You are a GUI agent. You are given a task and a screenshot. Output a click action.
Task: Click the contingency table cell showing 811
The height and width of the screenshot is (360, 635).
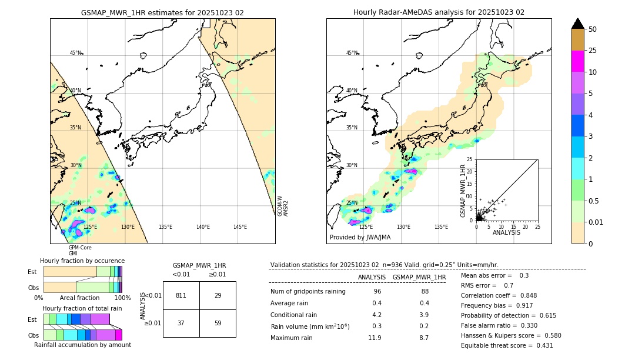coord(181,295)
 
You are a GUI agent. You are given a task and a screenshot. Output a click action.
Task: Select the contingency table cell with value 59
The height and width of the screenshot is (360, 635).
coord(218,323)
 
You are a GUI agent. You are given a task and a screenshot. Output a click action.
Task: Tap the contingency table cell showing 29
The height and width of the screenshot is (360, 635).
coord(218,295)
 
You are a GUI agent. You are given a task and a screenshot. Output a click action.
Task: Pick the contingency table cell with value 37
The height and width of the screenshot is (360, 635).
coord(181,323)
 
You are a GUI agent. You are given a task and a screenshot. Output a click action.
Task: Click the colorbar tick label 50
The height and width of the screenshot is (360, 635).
coord(593,29)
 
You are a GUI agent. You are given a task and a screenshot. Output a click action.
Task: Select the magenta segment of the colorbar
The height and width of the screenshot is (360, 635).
coord(578,61)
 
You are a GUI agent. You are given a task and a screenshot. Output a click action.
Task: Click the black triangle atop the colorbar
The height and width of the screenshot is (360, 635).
coord(578,24)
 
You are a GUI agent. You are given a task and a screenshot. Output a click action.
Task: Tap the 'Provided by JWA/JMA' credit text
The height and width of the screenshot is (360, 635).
coord(360,238)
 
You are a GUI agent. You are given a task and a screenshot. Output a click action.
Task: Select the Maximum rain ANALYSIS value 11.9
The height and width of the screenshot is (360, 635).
coord(375,338)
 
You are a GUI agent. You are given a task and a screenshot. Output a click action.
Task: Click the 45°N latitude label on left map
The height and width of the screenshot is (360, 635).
coord(76,53)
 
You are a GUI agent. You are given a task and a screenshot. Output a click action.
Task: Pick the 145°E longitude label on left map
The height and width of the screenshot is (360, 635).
coord(240,227)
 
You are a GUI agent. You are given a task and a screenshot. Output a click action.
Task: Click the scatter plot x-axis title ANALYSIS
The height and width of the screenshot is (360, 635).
coord(506,232)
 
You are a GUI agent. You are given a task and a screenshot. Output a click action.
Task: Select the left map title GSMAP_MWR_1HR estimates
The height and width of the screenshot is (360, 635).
coord(162,12)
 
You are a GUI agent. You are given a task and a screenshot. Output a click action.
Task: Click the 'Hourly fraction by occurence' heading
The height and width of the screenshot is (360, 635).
coord(82,261)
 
